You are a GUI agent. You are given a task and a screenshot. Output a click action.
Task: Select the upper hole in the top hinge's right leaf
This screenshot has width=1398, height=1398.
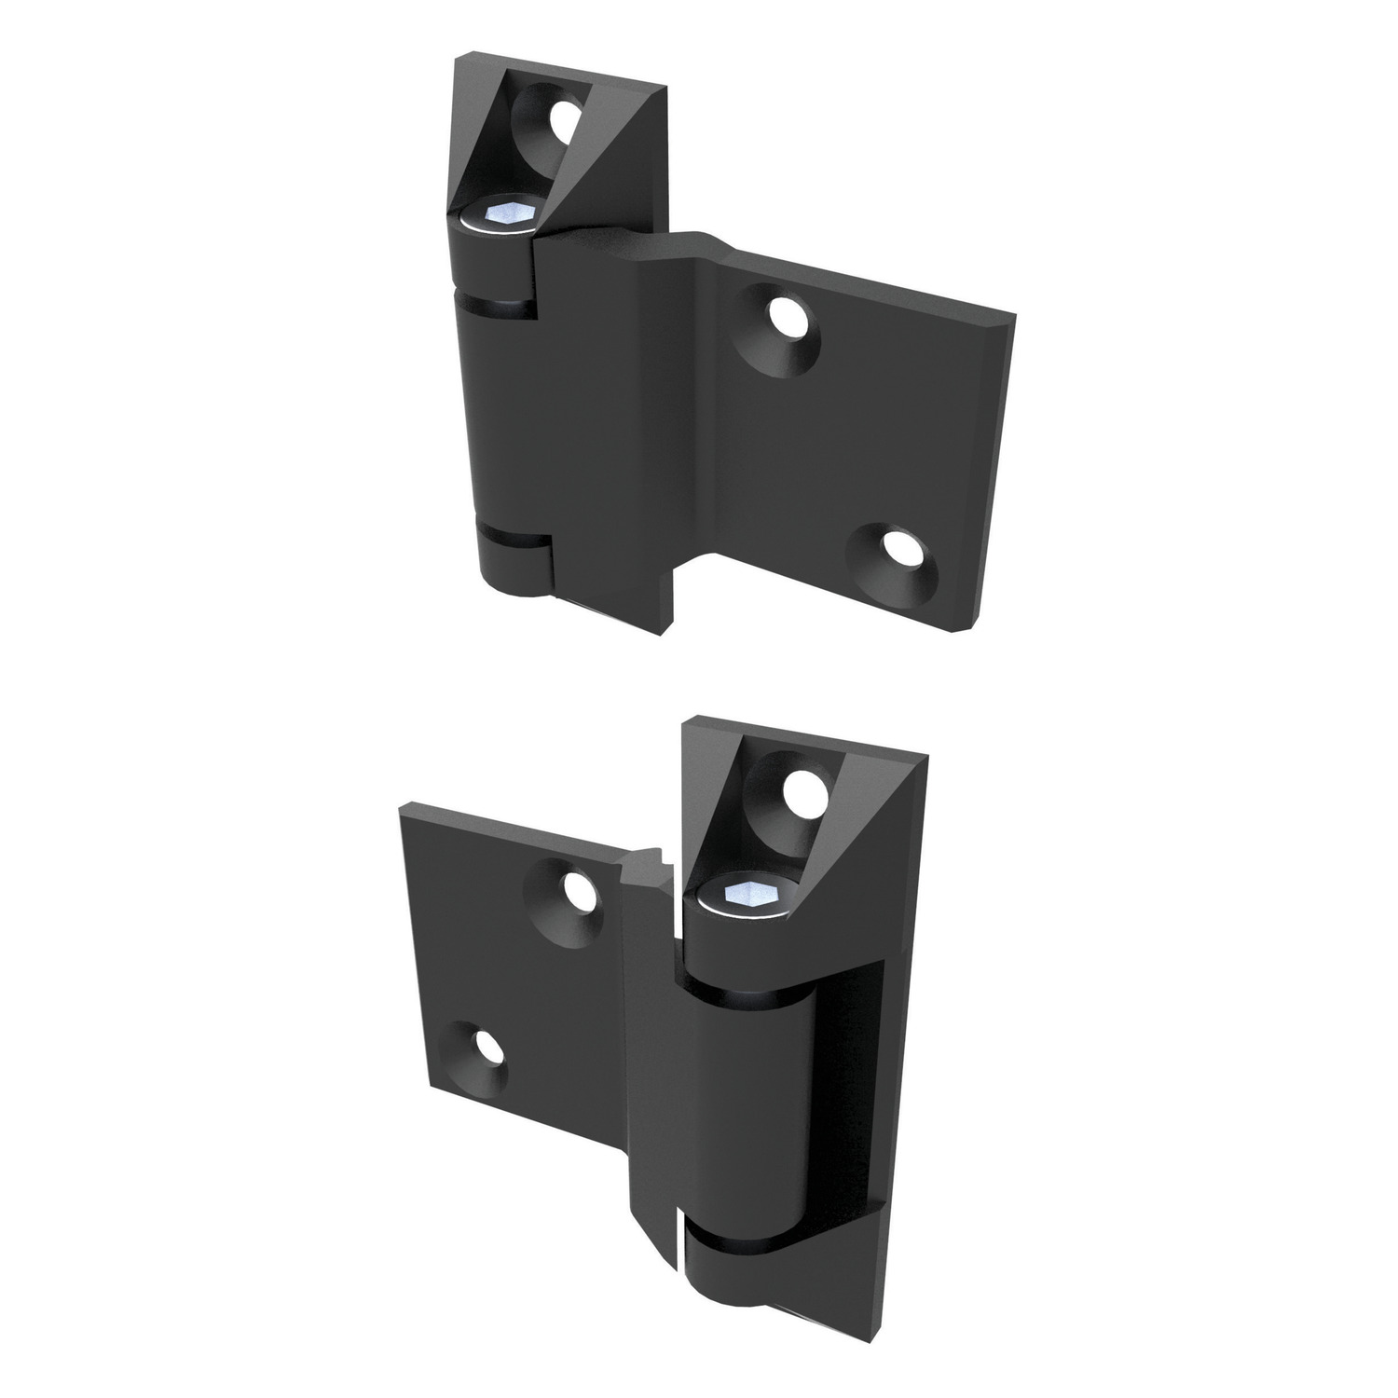tap(790, 317)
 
